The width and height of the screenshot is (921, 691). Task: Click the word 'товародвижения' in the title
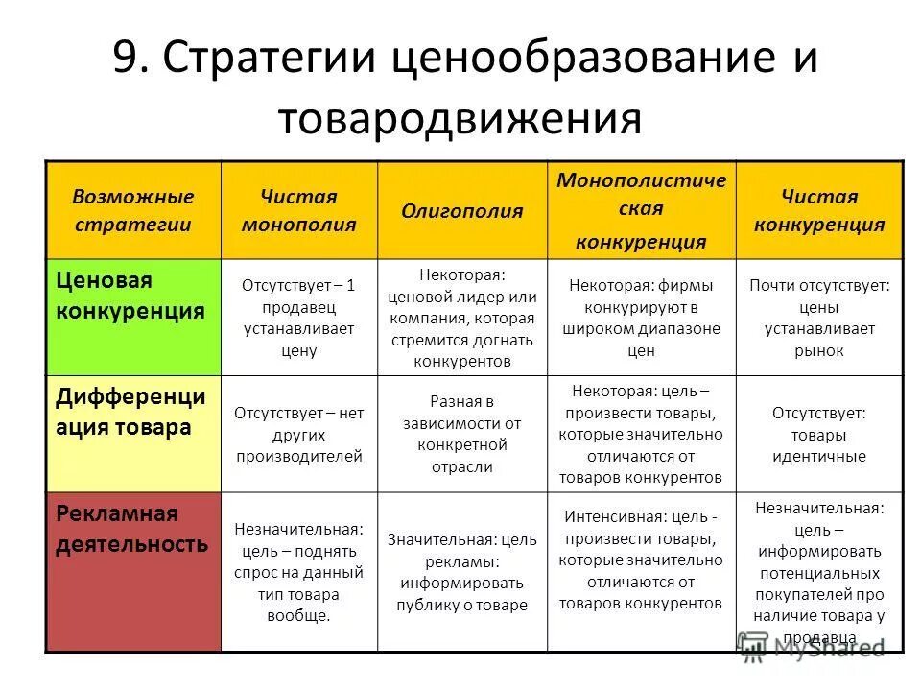460,119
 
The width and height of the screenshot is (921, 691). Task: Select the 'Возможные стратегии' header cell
133,211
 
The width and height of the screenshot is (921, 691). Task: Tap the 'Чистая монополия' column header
298,211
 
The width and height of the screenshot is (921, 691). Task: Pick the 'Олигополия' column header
462,211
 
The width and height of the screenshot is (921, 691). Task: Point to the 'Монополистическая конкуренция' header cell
641,211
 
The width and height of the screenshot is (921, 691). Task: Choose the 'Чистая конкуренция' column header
818,211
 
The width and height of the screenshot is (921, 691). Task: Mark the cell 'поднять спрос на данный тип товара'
298,573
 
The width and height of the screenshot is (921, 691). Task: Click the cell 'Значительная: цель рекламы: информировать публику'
462,573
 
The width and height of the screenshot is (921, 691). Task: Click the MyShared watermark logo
811,647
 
